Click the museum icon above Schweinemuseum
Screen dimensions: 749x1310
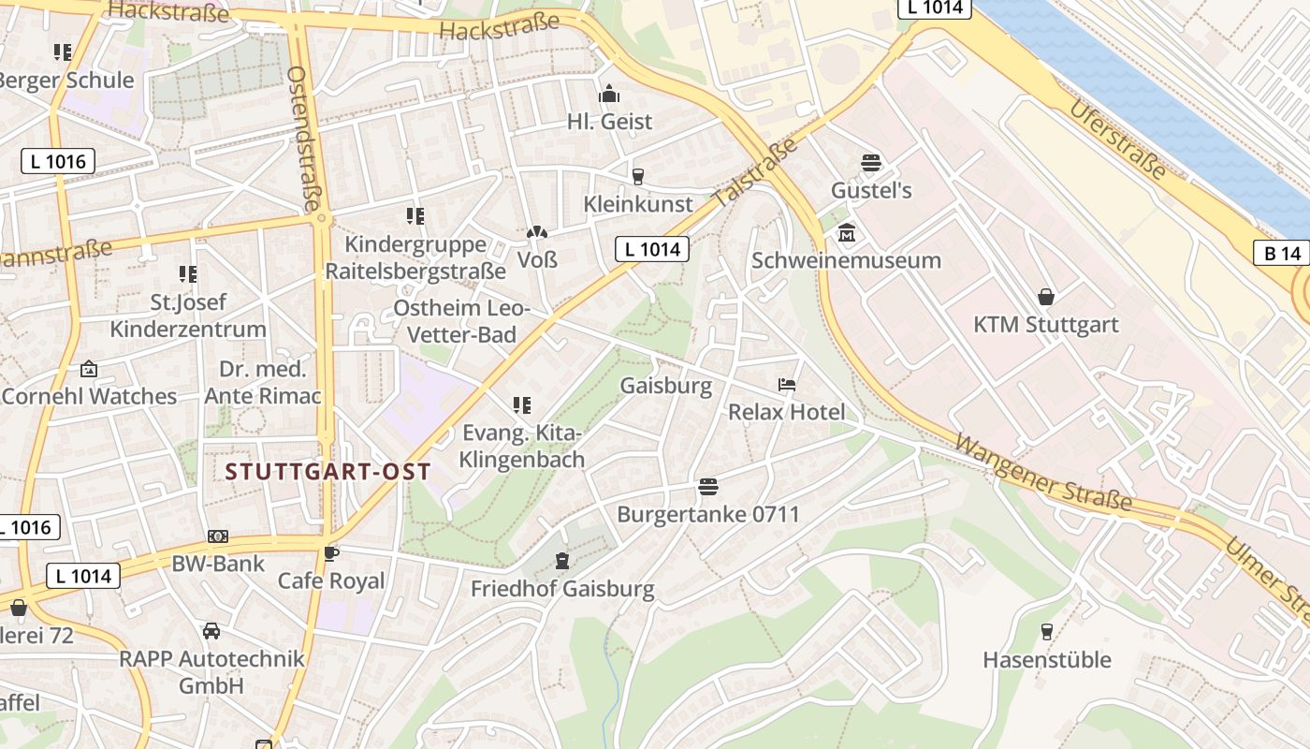(x=847, y=233)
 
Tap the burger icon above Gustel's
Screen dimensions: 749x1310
(x=871, y=163)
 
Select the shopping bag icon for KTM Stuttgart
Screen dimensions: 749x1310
(x=1045, y=298)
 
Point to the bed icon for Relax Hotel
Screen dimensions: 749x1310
(x=787, y=385)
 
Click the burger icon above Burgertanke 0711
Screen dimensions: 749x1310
(x=708, y=487)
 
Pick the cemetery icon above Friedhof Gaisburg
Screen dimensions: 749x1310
(x=561, y=561)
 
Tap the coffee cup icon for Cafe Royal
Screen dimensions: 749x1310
(x=330, y=553)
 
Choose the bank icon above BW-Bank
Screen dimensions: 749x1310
(x=218, y=536)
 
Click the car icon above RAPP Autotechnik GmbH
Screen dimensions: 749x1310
(x=211, y=631)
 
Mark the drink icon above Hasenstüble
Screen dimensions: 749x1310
(x=1046, y=632)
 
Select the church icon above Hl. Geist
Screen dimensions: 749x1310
(x=609, y=95)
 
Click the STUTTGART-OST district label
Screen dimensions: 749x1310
(x=328, y=471)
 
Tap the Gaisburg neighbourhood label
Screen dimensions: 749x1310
(x=665, y=386)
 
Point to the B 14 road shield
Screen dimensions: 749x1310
(x=1281, y=253)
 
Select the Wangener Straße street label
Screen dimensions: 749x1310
(x=1043, y=474)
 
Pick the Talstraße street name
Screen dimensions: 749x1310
(x=755, y=173)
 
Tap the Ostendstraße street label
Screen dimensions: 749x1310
(x=304, y=138)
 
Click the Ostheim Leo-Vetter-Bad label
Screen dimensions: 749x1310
(x=461, y=321)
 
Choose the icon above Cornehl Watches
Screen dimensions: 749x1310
(x=89, y=369)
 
